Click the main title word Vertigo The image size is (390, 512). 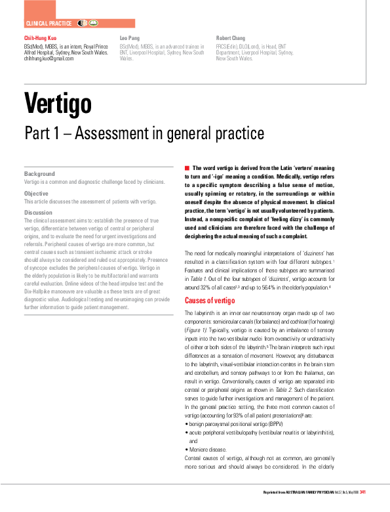click(58, 102)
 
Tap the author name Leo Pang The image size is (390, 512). click(130, 39)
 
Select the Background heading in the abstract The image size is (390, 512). click(39, 173)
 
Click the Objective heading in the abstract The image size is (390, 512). click(37, 193)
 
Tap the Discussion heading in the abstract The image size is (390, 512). click(39, 213)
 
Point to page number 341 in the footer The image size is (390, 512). click(363, 492)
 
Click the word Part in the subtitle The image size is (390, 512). click(39, 133)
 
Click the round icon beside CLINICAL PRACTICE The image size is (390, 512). click(82, 23)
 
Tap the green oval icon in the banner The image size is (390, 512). click(94, 23)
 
